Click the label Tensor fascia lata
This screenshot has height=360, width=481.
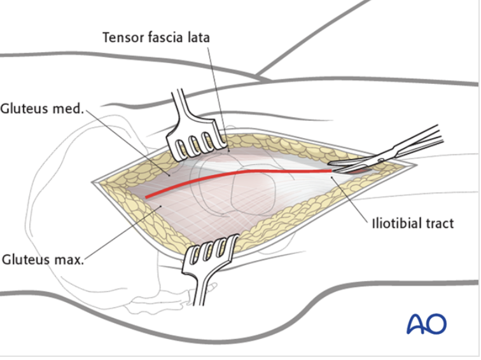[156, 38]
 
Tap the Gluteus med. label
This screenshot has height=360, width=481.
[42, 109]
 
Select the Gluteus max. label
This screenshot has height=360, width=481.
[43, 260]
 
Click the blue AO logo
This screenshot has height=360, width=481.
[426, 323]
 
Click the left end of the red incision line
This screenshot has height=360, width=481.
[147, 197]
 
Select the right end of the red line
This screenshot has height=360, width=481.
[331, 170]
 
